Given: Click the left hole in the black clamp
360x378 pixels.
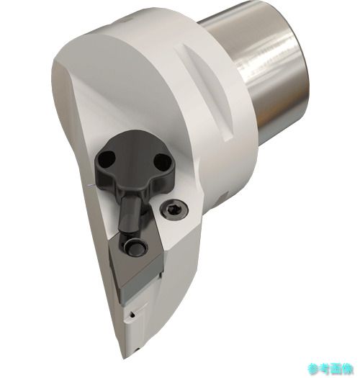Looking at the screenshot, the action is tap(107, 159).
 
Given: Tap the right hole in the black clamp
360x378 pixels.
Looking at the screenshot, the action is tap(163, 162).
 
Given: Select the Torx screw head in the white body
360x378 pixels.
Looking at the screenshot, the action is tap(174, 209).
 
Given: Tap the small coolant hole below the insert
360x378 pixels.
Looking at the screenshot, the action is tap(132, 315).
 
